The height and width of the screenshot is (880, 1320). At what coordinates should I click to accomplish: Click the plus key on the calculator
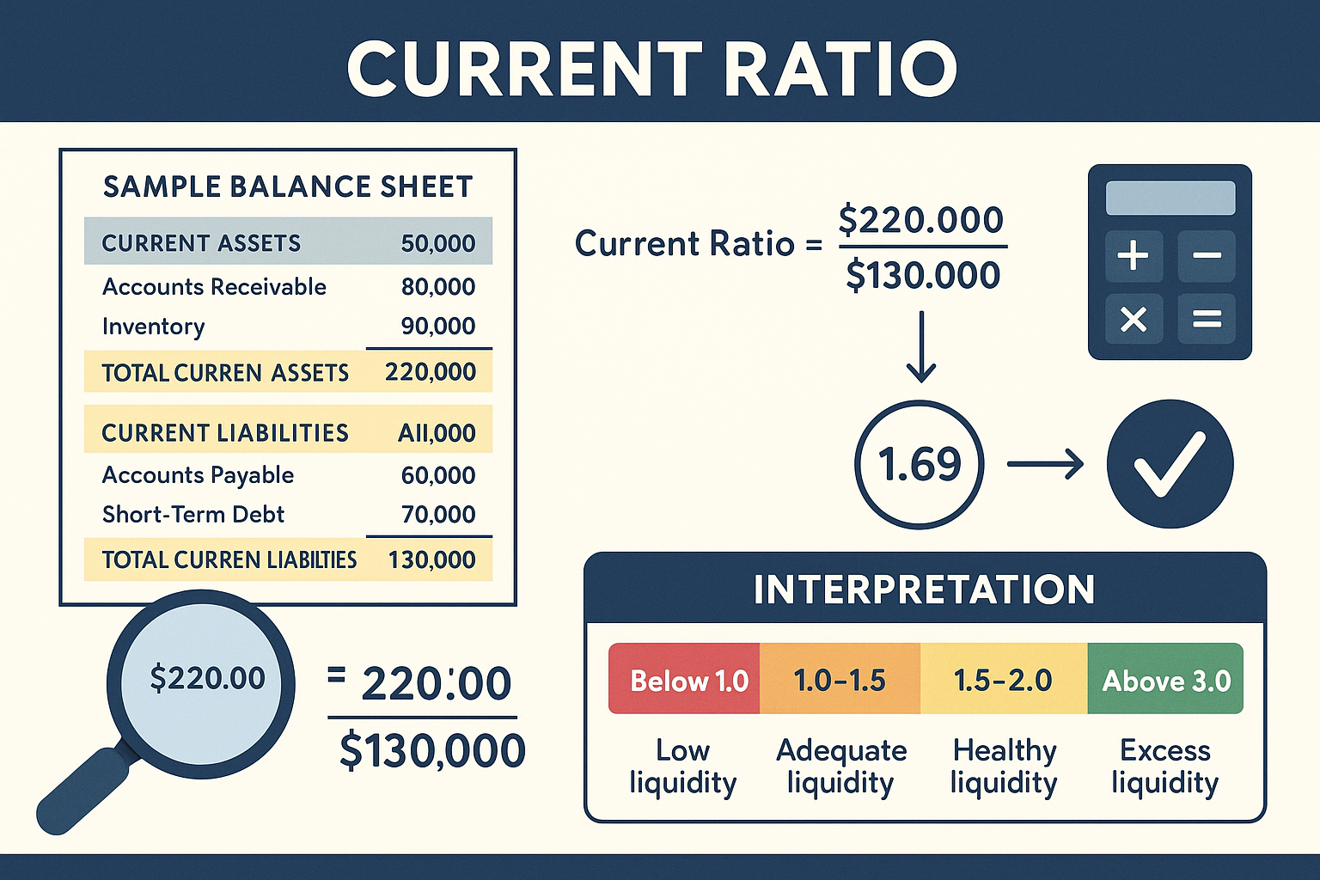point(1133,255)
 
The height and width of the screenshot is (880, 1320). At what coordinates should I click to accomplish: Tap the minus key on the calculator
point(1207,255)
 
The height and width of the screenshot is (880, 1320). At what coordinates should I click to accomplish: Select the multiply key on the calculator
point(1133,320)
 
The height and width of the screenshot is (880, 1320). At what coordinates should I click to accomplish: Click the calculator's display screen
point(1170,198)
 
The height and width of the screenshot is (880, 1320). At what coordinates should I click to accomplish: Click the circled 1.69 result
point(920,464)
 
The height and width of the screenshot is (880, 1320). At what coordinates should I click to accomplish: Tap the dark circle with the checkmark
point(1170,464)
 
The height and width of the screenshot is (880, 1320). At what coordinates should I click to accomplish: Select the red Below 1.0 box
point(685,679)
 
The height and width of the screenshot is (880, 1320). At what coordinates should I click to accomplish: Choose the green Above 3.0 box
point(1165,679)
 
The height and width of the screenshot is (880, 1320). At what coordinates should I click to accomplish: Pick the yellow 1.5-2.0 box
point(1003,679)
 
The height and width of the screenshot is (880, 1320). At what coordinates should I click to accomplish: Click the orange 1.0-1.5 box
point(840,679)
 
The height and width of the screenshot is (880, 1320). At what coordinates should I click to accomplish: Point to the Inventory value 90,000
point(438,327)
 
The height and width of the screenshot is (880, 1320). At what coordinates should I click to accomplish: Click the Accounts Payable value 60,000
point(438,475)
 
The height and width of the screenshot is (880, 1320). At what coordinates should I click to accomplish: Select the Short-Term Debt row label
point(193,515)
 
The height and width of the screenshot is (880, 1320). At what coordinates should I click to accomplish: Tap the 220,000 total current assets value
point(431,372)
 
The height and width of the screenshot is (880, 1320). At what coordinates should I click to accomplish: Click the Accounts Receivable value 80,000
point(438,287)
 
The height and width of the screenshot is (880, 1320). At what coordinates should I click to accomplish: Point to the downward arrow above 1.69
point(920,346)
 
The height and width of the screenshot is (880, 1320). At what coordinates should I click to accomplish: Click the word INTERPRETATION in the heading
point(924,590)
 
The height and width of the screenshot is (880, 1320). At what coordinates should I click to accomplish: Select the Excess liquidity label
point(1164,767)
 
